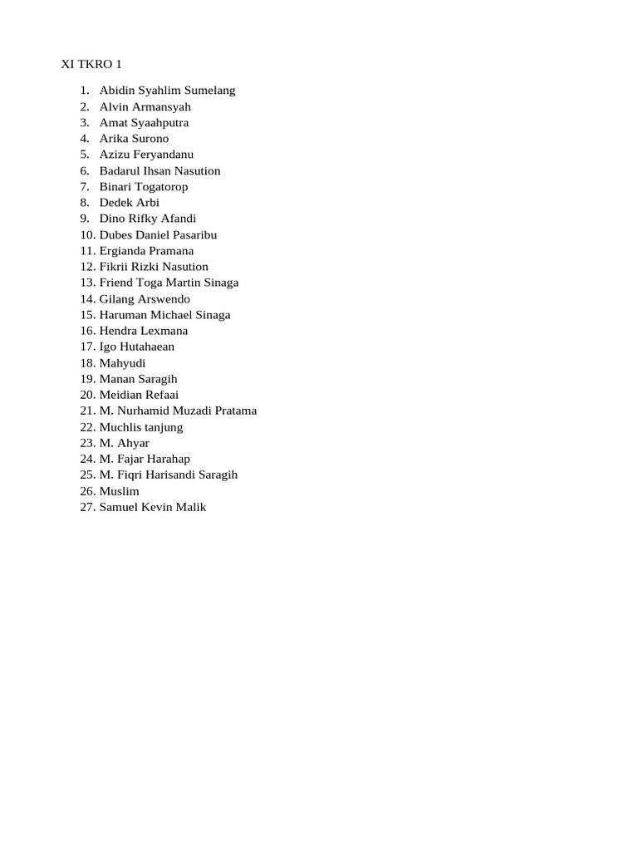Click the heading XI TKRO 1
pyautogui.click(x=91, y=64)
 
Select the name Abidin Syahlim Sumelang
pyautogui.click(x=167, y=91)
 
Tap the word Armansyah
pyautogui.click(x=163, y=106)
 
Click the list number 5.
pyautogui.click(x=85, y=155)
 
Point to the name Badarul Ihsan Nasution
pyautogui.click(x=159, y=170)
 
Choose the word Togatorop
pyautogui.click(x=158, y=187)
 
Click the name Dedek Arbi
pyautogui.click(x=129, y=203)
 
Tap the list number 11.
pyautogui.click(x=88, y=251)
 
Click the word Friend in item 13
pyautogui.click(x=116, y=283)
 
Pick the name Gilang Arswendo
pyautogui.click(x=145, y=299)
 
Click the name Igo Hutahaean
pyautogui.click(x=137, y=347)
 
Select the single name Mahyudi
pyautogui.click(x=122, y=363)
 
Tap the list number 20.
pyautogui.click(x=88, y=395)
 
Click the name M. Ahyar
pyautogui.click(x=125, y=443)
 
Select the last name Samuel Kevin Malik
pyautogui.click(x=153, y=507)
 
